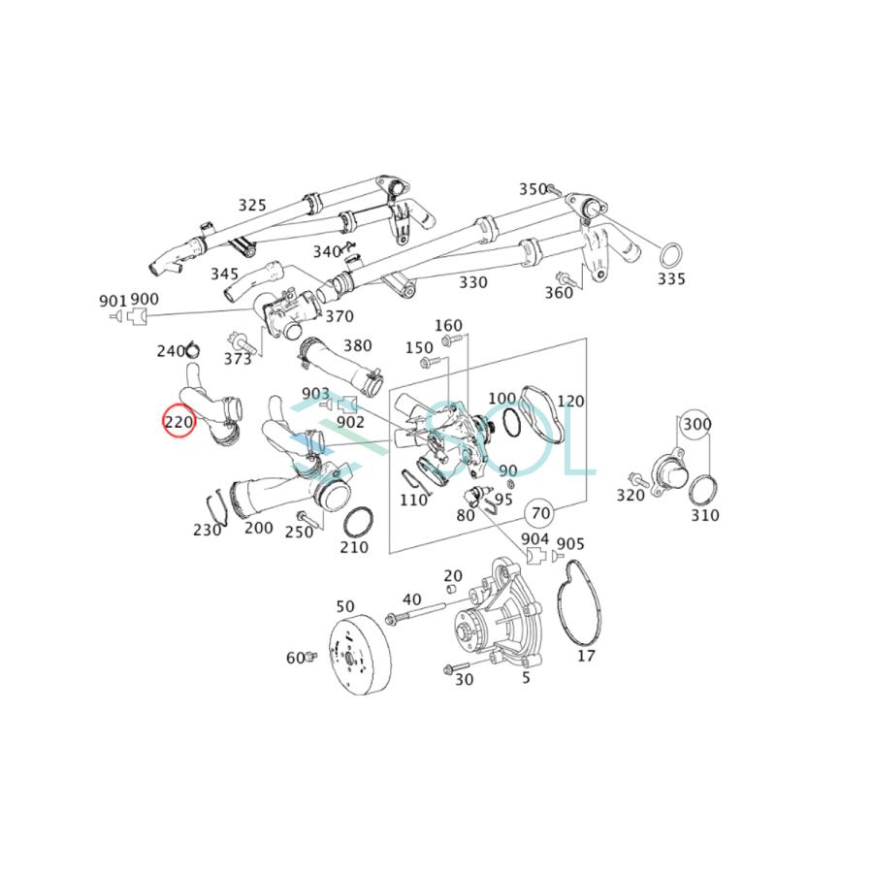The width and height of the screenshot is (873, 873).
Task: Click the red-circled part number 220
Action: coord(179,422)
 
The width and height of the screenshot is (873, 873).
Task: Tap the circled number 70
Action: coord(540,511)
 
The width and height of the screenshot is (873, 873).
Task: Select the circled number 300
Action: coord(696,425)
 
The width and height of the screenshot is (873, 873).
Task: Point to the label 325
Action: coord(252,205)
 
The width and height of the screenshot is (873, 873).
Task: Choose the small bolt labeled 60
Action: coord(310,658)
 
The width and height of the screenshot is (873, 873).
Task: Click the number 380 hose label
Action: coord(357,345)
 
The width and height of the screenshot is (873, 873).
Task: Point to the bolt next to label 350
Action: coord(552,188)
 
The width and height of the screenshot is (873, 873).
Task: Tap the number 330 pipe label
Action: coord(473,282)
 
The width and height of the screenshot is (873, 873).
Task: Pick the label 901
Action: coord(113,300)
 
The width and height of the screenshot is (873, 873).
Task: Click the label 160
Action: coord(448,325)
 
